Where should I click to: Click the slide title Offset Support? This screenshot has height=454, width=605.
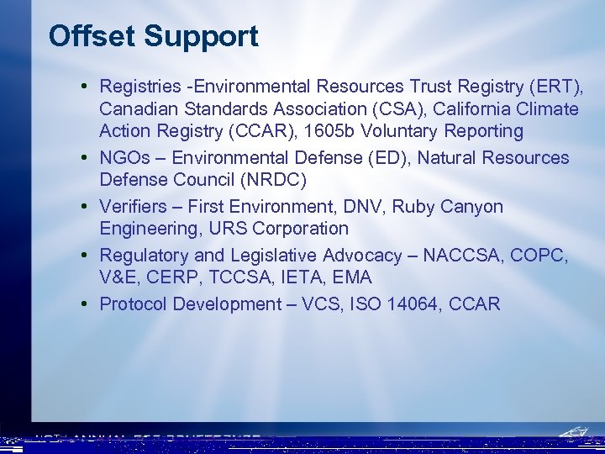(x=154, y=36)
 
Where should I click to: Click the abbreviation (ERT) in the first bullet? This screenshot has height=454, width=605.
(x=557, y=87)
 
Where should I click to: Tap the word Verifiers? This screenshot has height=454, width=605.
(x=132, y=207)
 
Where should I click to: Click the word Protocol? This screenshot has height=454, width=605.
(x=133, y=304)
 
